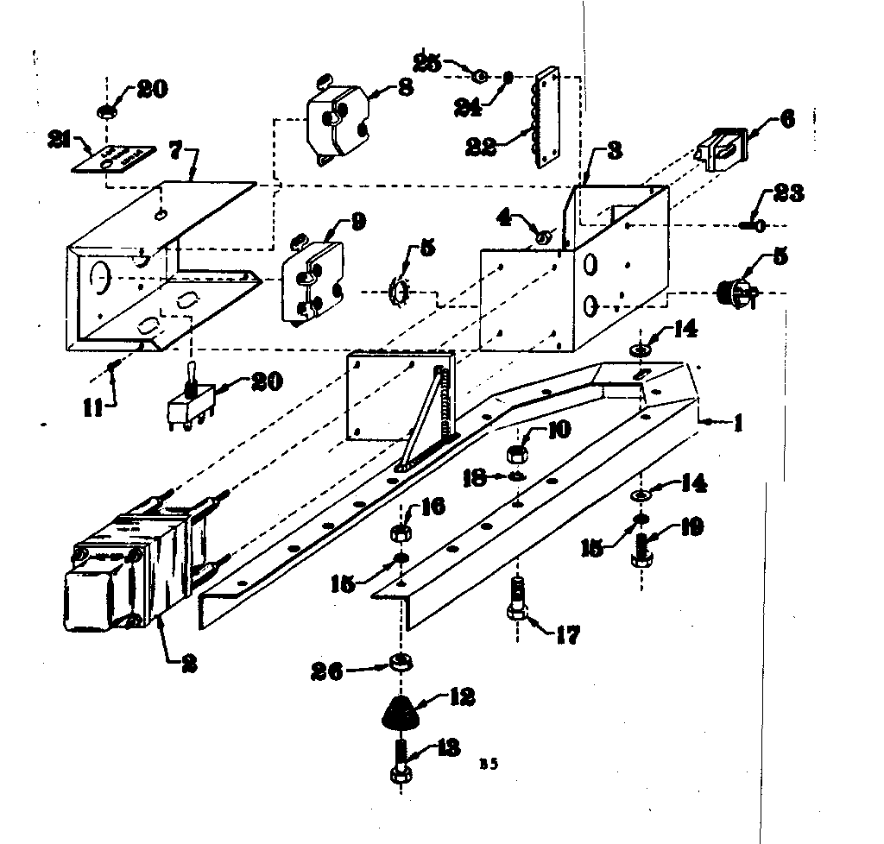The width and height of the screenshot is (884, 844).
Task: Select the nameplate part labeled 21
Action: (x=121, y=159)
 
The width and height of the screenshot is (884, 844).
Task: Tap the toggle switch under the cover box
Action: (x=193, y=399)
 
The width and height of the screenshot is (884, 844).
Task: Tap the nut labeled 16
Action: (x=401, y=532)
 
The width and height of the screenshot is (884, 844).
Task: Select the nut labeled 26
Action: (x=400, y=663)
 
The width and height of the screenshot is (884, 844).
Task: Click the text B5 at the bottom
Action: (x=489, y=763)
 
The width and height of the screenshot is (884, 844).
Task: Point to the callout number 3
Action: (x=614, y=149)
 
